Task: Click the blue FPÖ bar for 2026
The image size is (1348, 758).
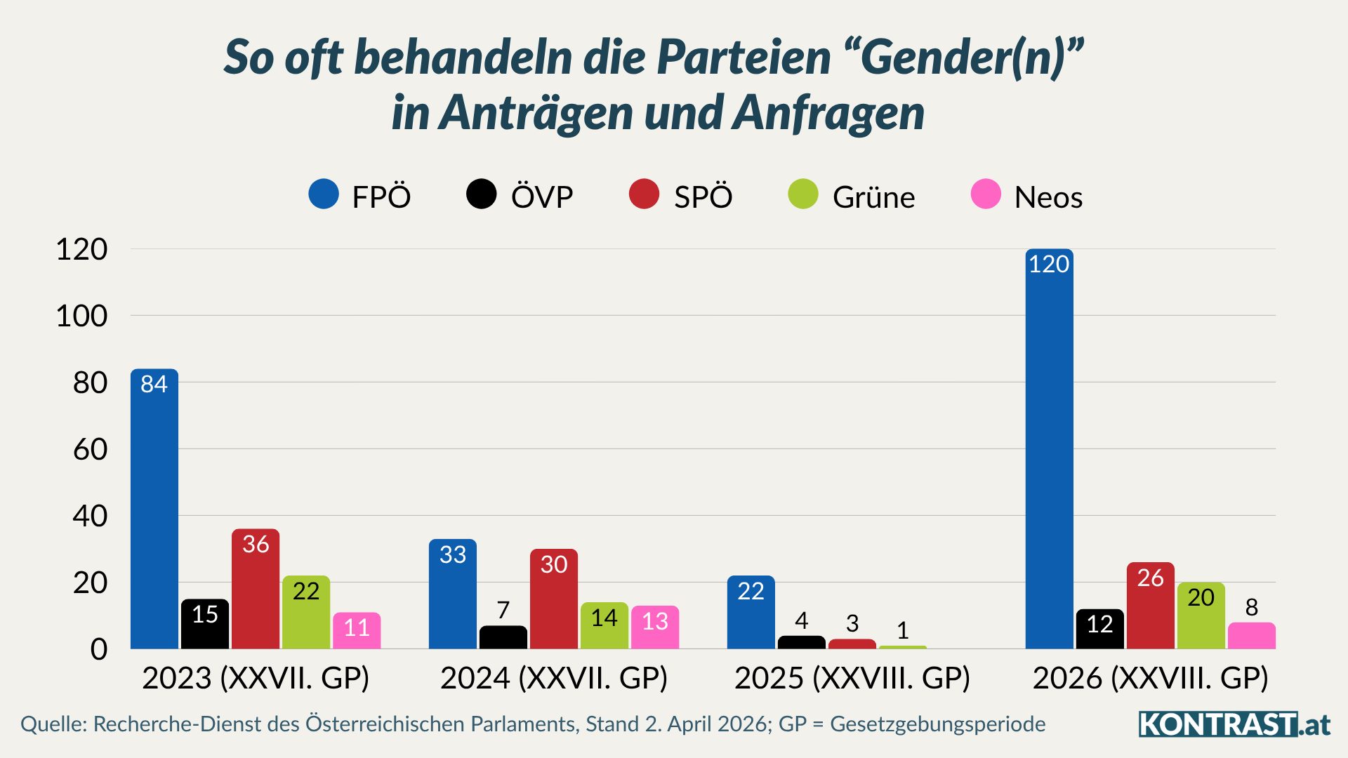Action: tap(1049, 449)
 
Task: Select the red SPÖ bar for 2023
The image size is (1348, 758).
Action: tap(256, 590)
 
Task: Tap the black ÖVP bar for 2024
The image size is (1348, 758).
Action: tap(503, 637)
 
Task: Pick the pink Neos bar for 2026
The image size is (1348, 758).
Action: tap(1251, 636)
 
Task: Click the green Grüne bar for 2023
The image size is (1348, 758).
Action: tap(306, 613)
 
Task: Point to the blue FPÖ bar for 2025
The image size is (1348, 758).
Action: tap(751, 613)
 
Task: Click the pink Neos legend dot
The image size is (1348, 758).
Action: tap(986, 194)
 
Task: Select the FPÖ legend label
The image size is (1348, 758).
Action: tap(381, 197)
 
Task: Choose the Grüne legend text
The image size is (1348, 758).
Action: tap(873, 197)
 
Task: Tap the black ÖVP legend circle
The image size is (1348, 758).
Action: tap(482, 194)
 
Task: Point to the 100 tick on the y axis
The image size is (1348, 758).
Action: tap(81, 316)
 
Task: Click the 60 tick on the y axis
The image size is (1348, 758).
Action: tap(90, 449)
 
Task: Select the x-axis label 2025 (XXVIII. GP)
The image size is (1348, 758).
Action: tap(852, 678)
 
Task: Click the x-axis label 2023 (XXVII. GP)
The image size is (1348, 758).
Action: tap(256, 678)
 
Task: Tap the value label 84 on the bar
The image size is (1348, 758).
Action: tap(154, 384)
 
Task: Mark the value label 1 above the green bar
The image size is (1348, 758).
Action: tap(903, 630)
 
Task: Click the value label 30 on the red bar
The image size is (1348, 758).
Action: tap(553, 564)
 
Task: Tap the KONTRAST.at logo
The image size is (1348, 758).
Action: tap(1234, 724)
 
